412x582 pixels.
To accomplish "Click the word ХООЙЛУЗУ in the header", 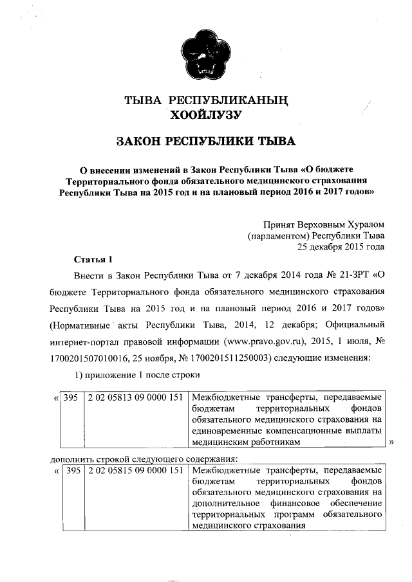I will coord(205,116).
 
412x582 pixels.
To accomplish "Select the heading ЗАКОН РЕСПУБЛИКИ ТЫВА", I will coord(205,141).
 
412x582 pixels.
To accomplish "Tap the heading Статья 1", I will coord(93,260).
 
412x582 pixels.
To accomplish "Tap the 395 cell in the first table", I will coord(71,397).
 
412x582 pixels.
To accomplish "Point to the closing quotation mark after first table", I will coord(391,442).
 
